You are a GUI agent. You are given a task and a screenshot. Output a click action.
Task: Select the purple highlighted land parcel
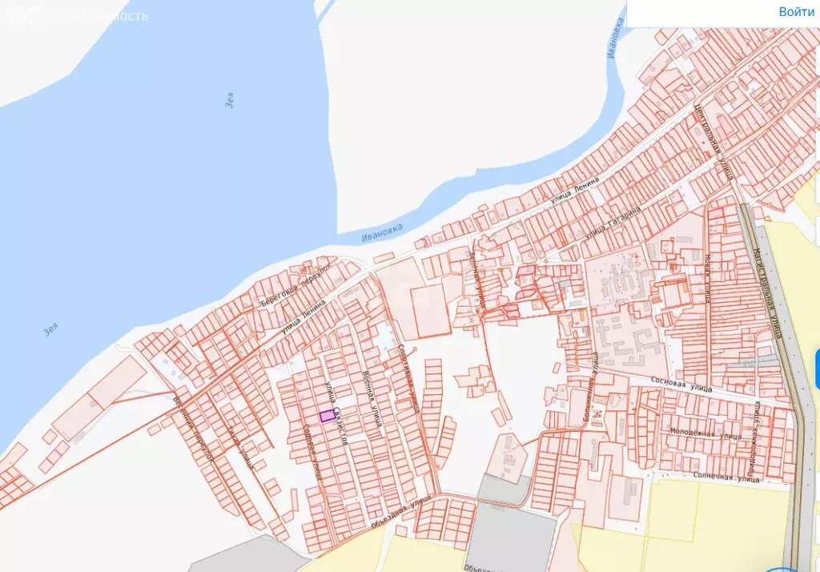(x=327, y=416)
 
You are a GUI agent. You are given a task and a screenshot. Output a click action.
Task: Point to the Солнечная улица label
(x=724, y=479)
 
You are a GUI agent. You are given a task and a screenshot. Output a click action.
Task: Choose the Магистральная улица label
(x=766, y=288)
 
